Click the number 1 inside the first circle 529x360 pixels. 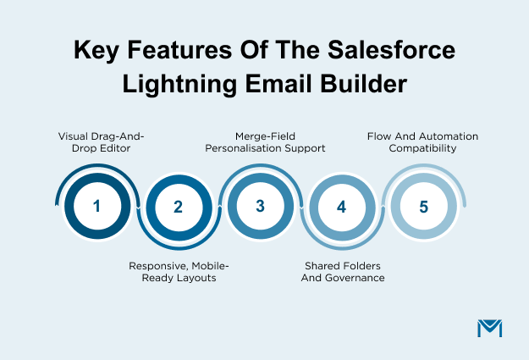(x=96, y=206)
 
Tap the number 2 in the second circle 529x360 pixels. (x=178, y=206)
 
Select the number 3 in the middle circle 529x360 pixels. (x=260, y=206)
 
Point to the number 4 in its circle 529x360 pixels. (x=341, y=206)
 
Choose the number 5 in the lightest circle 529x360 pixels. (x=423, y=206)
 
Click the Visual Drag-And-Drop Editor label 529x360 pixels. (x=96, y=141)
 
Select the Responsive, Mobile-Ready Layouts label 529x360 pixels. (x=179, y=271)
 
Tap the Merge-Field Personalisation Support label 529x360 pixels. (x=260, y=141)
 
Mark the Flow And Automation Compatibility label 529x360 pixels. (x=422, y=141)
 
